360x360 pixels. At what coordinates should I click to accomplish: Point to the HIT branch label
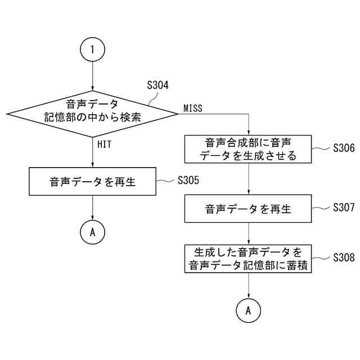(x=104, y=145)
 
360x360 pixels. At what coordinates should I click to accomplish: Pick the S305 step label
(x=188, y=181)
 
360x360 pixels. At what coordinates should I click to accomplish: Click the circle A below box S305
(x=93, y=231)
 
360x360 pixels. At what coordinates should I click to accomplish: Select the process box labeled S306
(x=249, y=149)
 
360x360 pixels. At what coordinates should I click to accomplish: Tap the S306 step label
(x=343, y=148)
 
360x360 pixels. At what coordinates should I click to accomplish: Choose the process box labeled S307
(x=249, y=209)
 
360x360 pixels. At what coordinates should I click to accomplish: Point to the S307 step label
(x=343, y=208)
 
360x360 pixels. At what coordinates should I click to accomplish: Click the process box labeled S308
(x=249, y=258)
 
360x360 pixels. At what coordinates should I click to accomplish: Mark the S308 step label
(x=343, y=257)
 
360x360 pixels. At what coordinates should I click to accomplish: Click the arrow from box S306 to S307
(x=249, y=179)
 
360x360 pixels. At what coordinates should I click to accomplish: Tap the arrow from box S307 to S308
(x=249, y=233)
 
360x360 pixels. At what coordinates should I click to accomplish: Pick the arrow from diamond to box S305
(x=93, y=153)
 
